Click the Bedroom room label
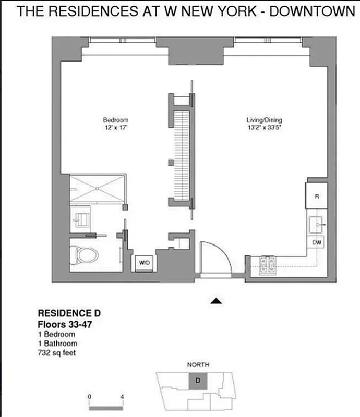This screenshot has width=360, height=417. pos(115,120)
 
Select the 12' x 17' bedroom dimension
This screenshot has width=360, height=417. pos(115,127)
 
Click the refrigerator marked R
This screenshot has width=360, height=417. pos(317,195)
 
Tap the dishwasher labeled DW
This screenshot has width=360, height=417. pos(317,243)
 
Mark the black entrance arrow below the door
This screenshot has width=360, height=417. pos(217,301)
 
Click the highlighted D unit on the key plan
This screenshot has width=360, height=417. pos(198,380)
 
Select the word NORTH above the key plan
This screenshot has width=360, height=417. pos(198,365)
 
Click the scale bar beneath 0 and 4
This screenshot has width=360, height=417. pos(105,406)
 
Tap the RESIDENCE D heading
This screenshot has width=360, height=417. pos(69,314)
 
